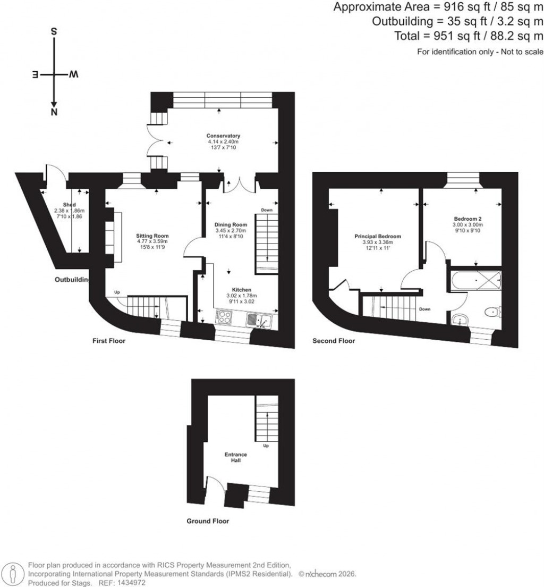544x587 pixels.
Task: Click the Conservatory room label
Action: point(224,136)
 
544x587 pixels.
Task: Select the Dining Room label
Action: point(231,225)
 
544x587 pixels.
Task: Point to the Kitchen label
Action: point(238,290)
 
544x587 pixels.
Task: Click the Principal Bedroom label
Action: point(378,237)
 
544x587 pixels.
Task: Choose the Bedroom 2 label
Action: point(467,219)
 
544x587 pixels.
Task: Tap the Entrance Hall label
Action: point(235,457)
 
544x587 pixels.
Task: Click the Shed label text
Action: point(69,205)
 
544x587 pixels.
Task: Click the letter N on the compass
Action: point(54,112)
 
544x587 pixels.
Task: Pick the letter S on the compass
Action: point(54,31)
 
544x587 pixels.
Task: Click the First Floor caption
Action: point(108,341)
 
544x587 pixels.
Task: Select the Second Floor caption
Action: point(334,341)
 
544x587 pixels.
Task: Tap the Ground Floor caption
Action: point(208,521)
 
